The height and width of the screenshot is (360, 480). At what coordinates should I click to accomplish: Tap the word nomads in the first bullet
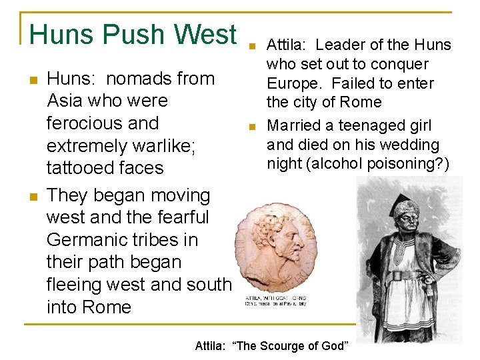(139, 79)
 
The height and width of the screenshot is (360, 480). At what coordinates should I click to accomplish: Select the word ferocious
(103, 123)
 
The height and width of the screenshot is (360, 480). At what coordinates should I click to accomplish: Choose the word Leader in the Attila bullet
(340, 45)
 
